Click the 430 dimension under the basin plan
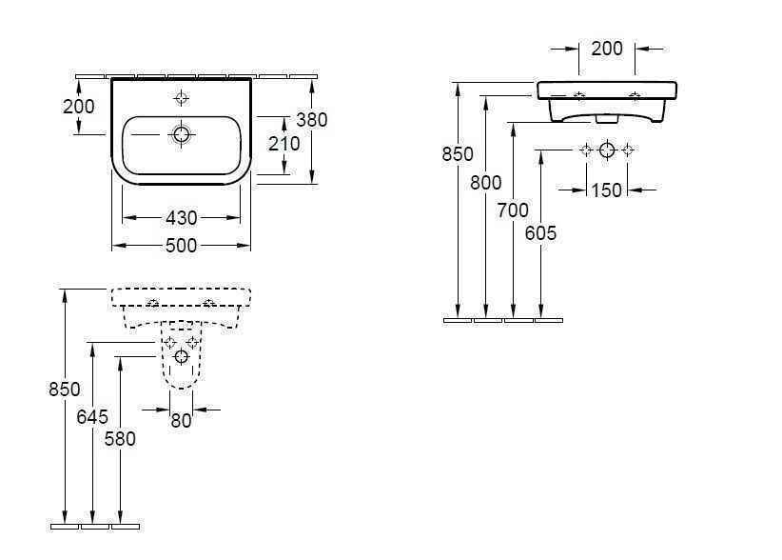pos(181,218)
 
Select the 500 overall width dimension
pos(181,246)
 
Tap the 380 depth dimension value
pos(311,120)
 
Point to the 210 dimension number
pos(283,144)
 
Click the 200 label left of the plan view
pos(79,107)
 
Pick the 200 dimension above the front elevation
pos(607,49)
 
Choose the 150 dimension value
pos(606,190)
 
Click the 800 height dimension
pos(486,184)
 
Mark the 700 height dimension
pos(513,211)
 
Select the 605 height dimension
pos(540,233)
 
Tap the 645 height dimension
pos(92,417)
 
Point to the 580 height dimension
pos(120,439)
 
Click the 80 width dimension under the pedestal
pos(181,420)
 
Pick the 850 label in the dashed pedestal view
pos(65,389)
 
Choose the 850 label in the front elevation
pos(458,153)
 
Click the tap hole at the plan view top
pos(181,97)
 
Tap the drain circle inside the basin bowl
pos(181,135)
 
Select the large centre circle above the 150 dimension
pos(607,150)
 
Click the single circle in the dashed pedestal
pos(181,357)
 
